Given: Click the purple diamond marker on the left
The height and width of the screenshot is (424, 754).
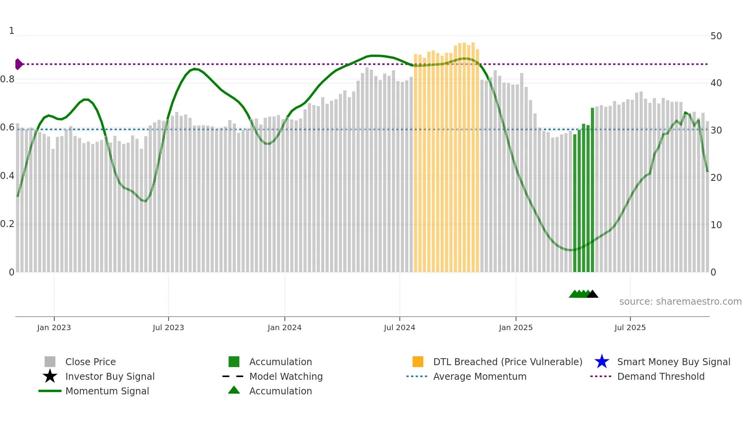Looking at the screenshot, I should [x=18, y=64].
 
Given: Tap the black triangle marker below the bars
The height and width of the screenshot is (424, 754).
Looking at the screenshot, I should [x=592, y=294].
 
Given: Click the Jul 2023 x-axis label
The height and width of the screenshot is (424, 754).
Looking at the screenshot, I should [x=168, y=327].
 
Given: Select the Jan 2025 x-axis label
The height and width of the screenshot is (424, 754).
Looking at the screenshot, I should [x=515, y=327].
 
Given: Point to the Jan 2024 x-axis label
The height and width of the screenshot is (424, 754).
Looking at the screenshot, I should [x=284, y=327].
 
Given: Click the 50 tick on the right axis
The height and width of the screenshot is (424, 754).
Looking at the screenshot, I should [x=716, y=36].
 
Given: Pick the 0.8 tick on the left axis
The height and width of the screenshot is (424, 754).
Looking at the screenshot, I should [x=7, y=80].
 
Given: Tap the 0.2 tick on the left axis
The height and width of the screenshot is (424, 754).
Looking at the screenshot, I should [x=7, y=224].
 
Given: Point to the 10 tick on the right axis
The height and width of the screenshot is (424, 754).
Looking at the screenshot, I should [x=716, y=225].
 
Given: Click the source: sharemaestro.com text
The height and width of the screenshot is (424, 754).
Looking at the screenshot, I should [x=680, y=302].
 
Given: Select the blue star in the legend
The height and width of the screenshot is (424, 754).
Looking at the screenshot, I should [x=602, y=362].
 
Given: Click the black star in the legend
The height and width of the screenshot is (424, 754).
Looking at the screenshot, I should [x=50, y=376].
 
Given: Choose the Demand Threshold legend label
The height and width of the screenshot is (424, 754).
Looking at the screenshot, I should [x=661, y=376].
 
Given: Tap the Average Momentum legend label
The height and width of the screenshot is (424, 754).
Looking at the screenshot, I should [x=479, y=376].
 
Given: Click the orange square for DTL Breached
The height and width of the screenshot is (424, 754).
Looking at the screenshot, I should [x=418, y=362].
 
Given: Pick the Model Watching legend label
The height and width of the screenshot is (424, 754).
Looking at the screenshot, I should [x=286, y=376].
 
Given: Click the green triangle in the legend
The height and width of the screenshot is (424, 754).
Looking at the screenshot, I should [x=234, y=390].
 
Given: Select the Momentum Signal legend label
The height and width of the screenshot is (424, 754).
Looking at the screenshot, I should [x=107, y=391].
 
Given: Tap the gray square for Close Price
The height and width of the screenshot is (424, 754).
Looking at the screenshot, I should [x=50, y=362].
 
